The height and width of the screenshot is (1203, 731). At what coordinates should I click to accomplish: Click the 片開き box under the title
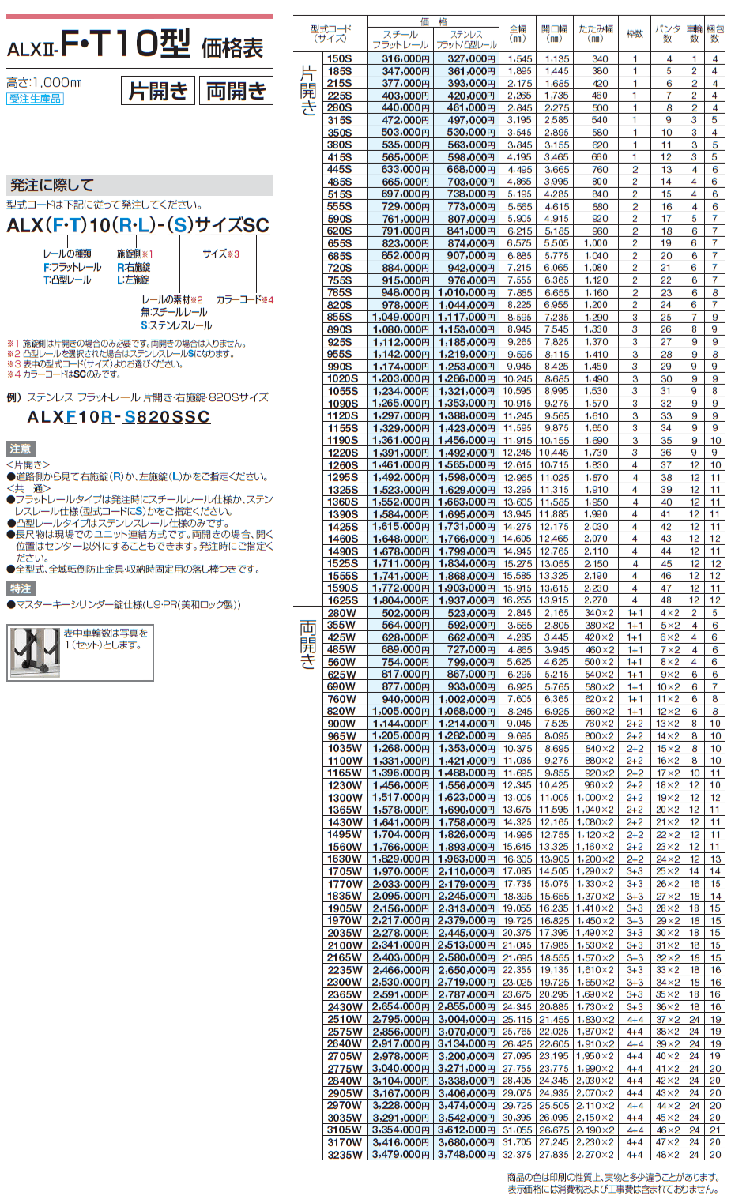click(x=158, y=91)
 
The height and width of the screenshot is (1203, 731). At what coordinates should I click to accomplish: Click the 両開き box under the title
click(x=236, y=91)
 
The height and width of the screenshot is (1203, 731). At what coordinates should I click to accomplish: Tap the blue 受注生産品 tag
click(x=35, y=99)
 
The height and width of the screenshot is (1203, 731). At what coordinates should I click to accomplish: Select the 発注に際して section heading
click(x=52, y=185)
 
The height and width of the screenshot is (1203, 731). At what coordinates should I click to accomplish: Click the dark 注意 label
click(x=20, y=449)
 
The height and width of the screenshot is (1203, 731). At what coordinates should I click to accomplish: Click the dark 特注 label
click(x=20, y=588)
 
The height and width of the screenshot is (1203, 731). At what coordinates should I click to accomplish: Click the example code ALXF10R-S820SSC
click(x=119, y=417)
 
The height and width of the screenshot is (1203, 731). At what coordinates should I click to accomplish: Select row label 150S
click(x=340, y=58)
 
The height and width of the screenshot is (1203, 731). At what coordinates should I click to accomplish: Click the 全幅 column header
click(x=518, y=34)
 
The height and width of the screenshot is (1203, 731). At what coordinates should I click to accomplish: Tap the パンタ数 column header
click(x=669, y=34)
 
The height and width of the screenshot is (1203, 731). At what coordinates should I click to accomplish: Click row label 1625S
click(x=343, y=600)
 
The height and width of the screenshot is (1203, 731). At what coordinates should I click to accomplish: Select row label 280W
click(x=341, y=613)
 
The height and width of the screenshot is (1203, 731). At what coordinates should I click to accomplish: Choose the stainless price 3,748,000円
click(x=466, y=1155)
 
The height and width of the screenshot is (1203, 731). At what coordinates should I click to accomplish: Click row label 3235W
click(x=345, y=1155)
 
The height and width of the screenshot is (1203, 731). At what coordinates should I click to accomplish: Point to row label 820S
click(x=340, y=305)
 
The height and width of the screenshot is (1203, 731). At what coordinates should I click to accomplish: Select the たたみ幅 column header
click(x=596, y=34)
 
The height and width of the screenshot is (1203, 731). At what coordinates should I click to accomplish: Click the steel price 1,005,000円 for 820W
click(x=401, y=711)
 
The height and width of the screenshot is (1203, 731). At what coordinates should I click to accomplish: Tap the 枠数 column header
click(x=635, y=34)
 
